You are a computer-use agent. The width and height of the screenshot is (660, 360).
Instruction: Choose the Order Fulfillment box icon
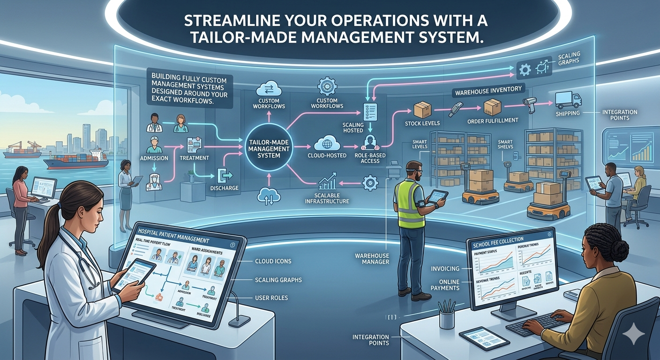tap(492, 107)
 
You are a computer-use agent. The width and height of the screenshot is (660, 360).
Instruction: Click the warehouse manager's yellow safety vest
tap(410, 204)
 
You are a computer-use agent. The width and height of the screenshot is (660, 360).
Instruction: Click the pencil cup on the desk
tap(447, 319)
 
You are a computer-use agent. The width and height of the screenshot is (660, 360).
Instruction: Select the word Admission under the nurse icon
tap(154, 158)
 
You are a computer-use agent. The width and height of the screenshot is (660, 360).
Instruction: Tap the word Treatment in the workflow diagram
tap(194, 158)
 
